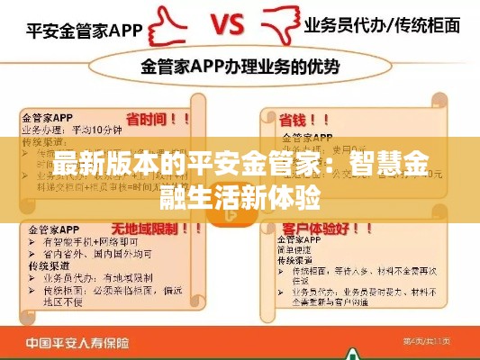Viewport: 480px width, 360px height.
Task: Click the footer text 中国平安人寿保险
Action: tap(82, 342)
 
